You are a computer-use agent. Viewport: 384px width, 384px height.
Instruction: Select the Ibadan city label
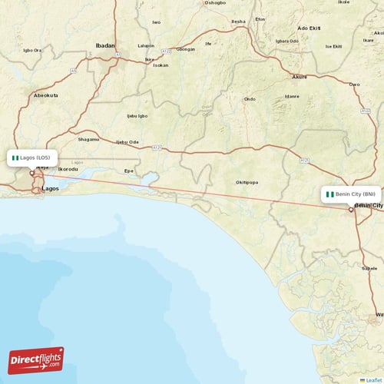click(104, 46)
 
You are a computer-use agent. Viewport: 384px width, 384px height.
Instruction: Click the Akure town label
click(300, 78)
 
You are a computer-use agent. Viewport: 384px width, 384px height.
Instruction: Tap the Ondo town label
click(249, 99)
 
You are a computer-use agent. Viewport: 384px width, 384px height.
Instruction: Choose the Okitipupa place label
click(246, 182)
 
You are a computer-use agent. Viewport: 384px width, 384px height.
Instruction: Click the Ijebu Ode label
click(127, 142)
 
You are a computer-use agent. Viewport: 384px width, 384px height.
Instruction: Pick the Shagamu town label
click(88, 139)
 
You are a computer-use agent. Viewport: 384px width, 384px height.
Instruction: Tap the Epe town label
click(129, 170)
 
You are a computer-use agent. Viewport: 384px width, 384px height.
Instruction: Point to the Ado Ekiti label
click(308, 28)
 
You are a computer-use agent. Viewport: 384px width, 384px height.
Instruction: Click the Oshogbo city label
click(214, 3)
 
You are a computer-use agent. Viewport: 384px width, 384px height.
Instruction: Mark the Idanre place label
click(291, 96)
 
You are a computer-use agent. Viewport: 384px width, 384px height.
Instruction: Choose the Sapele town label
click(370, 269)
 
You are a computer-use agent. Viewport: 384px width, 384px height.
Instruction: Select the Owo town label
click(354, 84)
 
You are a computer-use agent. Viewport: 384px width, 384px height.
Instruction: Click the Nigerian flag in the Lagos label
click(15, 157)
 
